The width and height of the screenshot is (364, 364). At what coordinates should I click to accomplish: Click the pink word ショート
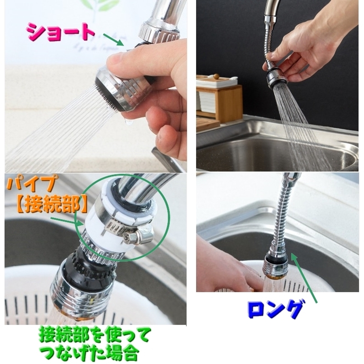pos(60,32)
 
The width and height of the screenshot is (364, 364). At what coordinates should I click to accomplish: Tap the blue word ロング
pos(275,310)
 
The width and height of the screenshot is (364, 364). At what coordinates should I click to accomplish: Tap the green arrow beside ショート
pos(113,40)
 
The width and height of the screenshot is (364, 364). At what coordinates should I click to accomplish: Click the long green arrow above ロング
pos(304,277)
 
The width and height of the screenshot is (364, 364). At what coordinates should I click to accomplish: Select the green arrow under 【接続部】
pos(67,220)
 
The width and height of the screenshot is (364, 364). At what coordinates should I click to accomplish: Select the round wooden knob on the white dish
pos(216,76)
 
